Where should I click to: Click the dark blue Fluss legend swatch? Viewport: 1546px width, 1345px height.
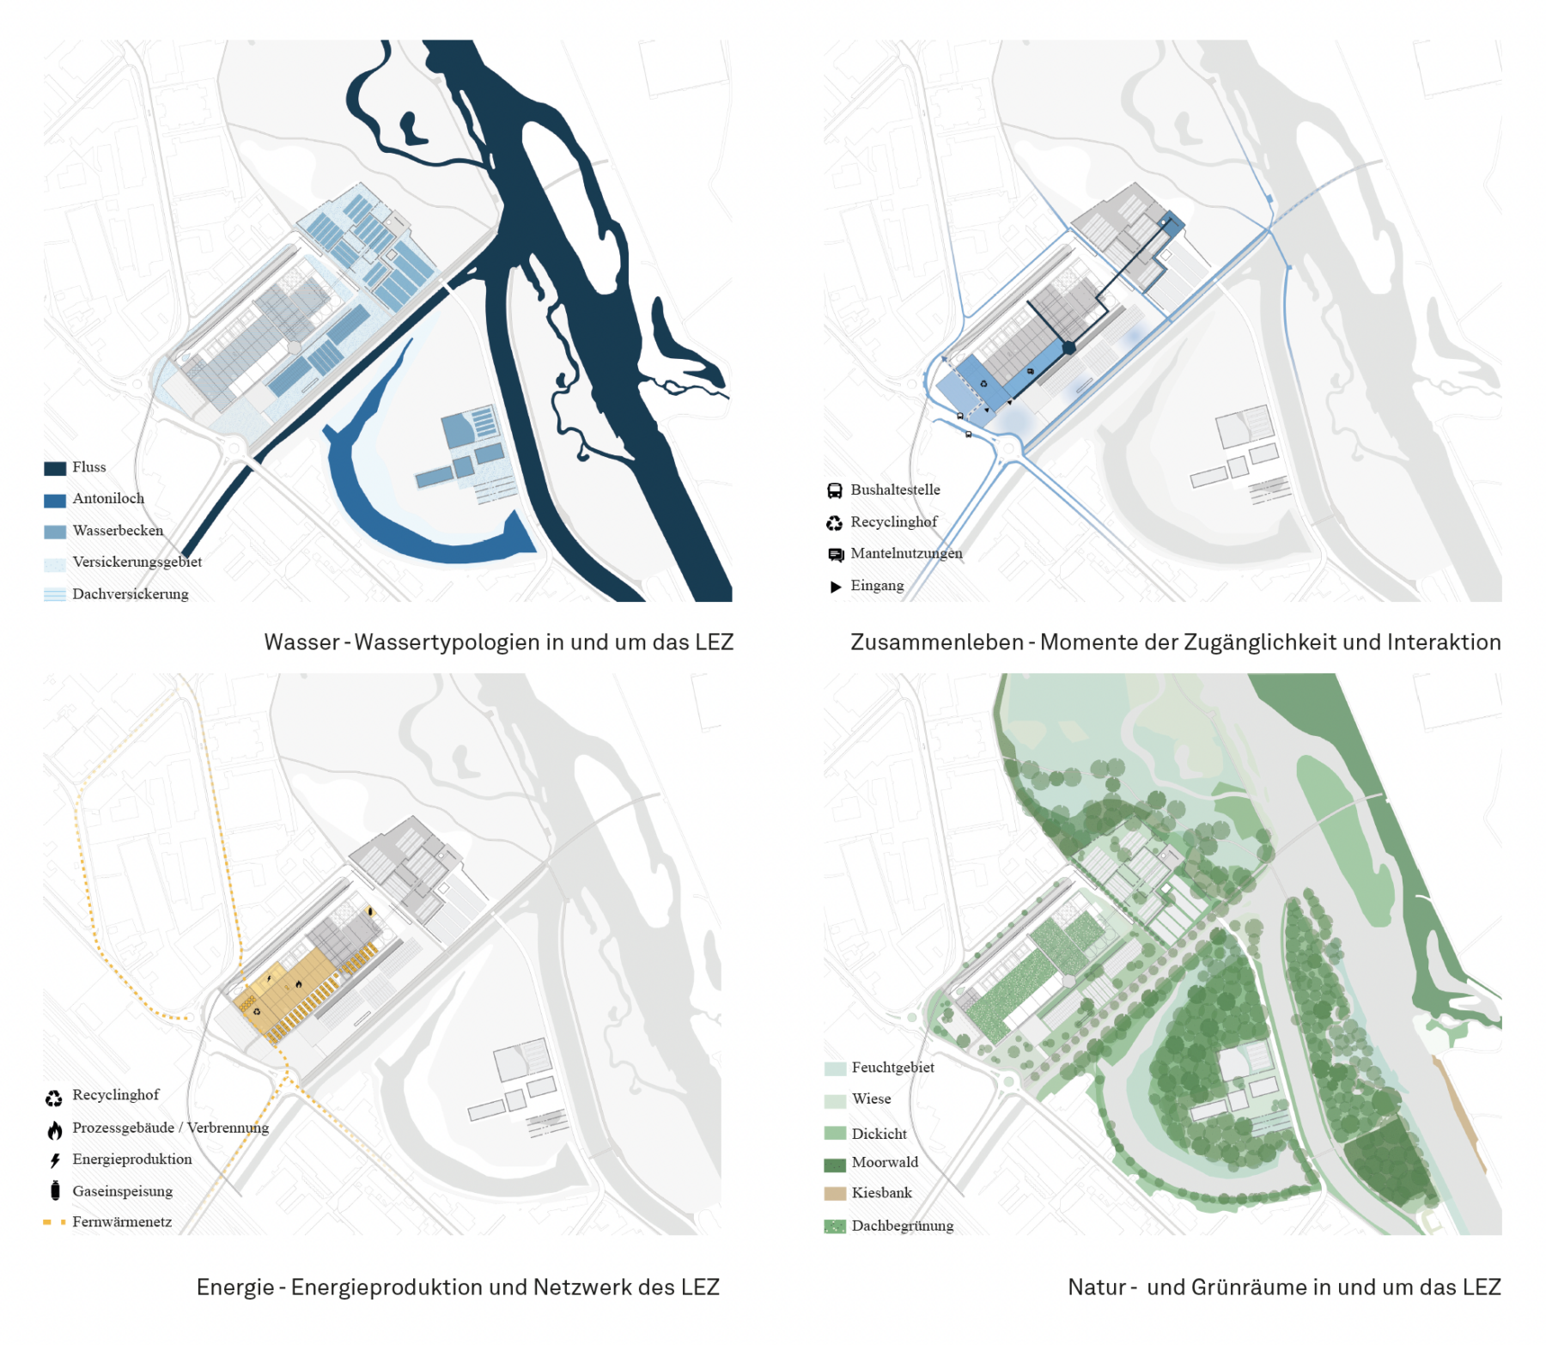coord(55,468)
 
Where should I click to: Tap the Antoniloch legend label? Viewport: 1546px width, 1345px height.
coord(108,498)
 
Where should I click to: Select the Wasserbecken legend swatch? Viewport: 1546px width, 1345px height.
coord(55,532)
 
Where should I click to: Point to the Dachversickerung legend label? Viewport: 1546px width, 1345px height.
coord(131,593)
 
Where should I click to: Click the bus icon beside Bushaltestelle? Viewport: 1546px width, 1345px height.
coord(834,490)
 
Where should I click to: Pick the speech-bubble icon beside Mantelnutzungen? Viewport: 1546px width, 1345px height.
coord(835,555)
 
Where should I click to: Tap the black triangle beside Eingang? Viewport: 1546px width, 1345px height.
coord(835,587)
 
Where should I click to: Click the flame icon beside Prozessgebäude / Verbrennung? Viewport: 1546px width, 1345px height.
coord(55,1129)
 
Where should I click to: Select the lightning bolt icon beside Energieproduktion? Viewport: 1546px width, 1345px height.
coord(55,1160)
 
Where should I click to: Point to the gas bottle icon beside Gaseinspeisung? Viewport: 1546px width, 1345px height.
coord(55,1190)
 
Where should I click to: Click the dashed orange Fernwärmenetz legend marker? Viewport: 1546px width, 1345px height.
coord(54,1221)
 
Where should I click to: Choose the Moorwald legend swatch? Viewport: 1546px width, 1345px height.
coord(835,1165)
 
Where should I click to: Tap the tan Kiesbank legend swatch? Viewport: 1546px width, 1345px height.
coord(835,1193)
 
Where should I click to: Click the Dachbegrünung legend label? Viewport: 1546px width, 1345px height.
coord(902,1226)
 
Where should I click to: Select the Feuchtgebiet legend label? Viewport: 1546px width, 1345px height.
coord(892,1068)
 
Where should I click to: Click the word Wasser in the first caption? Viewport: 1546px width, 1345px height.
coord(301,642)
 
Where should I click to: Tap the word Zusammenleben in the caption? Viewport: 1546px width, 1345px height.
coord(936,642)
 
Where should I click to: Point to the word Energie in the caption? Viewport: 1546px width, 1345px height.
coord(234,1287)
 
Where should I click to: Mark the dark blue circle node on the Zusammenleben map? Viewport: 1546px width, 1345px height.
coord(1068,348)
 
